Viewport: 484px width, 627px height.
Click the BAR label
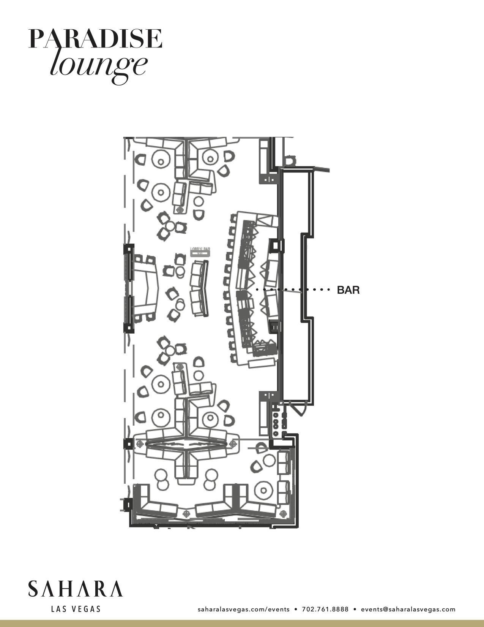[348, 290]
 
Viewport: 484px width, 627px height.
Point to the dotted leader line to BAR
[292, 290]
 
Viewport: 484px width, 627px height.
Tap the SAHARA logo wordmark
[75, 589]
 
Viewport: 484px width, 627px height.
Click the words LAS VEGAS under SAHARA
[76, 609]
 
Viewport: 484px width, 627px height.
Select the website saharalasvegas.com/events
[243, 609]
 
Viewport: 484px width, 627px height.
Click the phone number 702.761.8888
[325, 609]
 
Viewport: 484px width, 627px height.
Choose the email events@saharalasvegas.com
[408, 609]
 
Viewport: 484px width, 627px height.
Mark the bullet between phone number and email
[355, 609]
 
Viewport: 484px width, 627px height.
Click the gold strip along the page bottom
[242, 624]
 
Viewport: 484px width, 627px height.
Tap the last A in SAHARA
[116, 589]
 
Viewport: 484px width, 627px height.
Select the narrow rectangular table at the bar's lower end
[262, 363]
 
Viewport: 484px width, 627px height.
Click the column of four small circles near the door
[276, 422]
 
